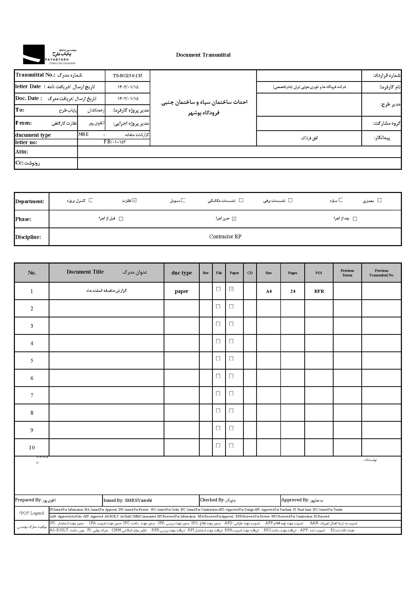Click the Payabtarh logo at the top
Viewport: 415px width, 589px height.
(x=50, y=54)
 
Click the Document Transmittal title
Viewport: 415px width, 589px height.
(x=203, y=55)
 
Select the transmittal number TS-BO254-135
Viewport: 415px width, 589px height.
(x=127, y=76)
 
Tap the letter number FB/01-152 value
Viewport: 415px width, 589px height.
(x=114, y=142)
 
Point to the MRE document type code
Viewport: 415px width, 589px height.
(x=83, y=135)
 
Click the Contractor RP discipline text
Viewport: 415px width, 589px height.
(x=225, y=237)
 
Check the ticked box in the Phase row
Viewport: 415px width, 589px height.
(x=234, y=219)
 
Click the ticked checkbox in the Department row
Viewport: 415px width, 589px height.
(x=135, y=200)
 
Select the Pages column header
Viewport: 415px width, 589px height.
(x=292, y=273)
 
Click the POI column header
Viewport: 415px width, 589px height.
(x=319, y=273)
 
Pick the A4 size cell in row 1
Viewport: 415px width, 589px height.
(x=269, y=291)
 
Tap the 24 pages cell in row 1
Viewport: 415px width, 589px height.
(x=293, y=291)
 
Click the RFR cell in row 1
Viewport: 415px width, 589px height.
(x=319, y=291)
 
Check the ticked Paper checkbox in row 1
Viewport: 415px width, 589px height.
(x=231, y=289)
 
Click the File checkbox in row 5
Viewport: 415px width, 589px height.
(x=218, y=359)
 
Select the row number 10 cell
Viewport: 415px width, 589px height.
(x=32, y=448)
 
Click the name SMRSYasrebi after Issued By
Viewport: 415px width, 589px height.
(x=138, y=501)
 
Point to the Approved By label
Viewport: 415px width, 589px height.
(x=295, y=500)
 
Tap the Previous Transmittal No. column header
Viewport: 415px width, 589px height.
(x=381, y=273)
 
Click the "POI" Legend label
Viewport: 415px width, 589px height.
(x=32, y=513)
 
